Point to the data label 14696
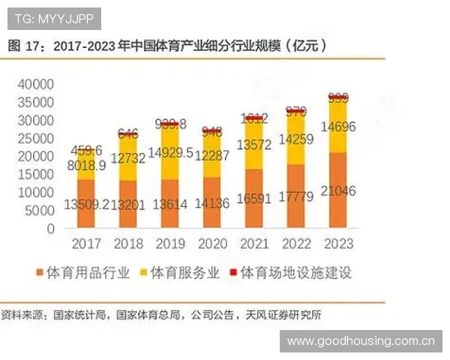click(x=338, y=127)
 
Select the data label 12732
click(x=128, y=157)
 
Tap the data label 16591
click(x=254, y=199)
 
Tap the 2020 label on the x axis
click(x=212, y=244)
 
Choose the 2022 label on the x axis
click(x=296, y=244)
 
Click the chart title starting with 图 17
click(x=168, y=46)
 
